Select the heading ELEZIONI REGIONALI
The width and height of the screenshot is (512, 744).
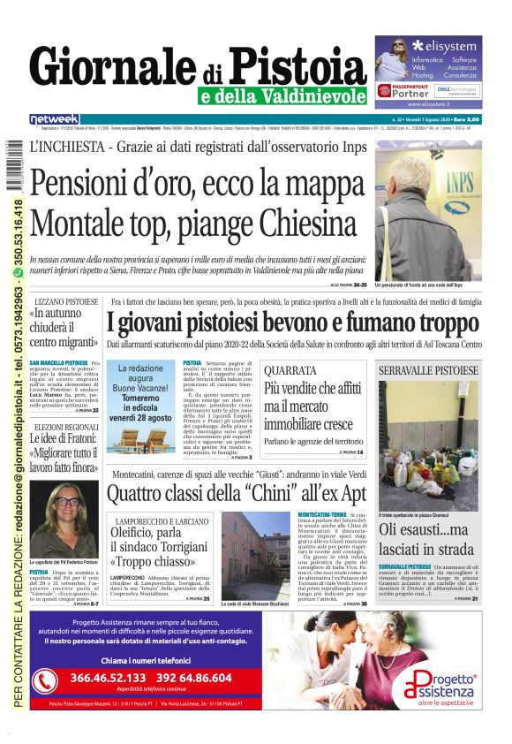click(67, 428)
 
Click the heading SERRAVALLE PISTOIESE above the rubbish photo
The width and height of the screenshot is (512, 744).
click(428, 370)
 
